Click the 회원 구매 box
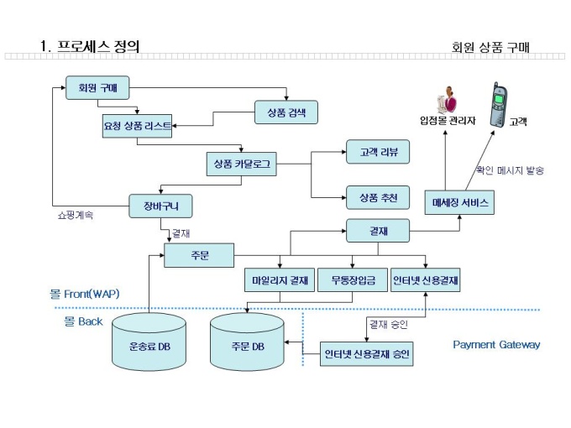click(x=98, y=87)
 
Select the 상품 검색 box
click(x=285, y=112)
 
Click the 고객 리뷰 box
click(x=378, y=153)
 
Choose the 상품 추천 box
click(x=378, y=197)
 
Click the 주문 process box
click(x=199, y=254)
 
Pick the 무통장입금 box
click(x=352, y=279)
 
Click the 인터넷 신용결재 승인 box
click(x=367, y=354)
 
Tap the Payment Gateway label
click(x=496, y=344)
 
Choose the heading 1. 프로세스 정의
click(x=90, y=45)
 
